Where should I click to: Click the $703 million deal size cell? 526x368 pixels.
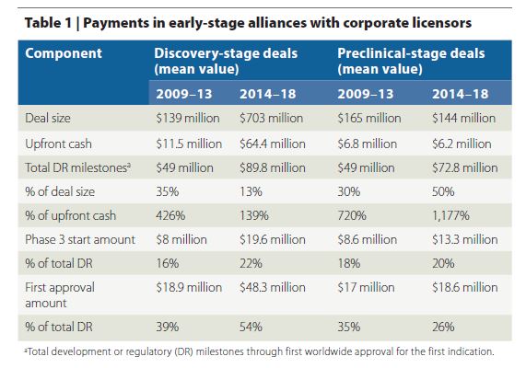coord(271,118)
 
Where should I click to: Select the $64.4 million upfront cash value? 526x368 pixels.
coord(273,144)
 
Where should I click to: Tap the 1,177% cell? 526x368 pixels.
coord(450,215)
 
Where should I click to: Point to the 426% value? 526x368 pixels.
coord(170,215)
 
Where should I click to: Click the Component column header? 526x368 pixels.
coord(64,53)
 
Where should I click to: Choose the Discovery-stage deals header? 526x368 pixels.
coord(226,61)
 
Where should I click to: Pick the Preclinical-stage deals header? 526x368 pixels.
coord(411,61)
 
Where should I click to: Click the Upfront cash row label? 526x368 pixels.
coord(58,144)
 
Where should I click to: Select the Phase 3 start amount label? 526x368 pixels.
coord(80,239)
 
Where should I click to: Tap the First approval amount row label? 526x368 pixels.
coord(60,295)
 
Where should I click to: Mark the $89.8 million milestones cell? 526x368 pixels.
coord(273,167)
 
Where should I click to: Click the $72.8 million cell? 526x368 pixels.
coord(465,167)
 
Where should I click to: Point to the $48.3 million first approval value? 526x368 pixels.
coord(273,287)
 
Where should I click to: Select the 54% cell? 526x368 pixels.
coord(251,327)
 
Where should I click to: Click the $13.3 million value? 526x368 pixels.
coord(465,239)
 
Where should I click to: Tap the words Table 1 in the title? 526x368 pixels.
coord(48,23)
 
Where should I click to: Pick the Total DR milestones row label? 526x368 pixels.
coord(77,167)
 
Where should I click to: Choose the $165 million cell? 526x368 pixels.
coord(369,118)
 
